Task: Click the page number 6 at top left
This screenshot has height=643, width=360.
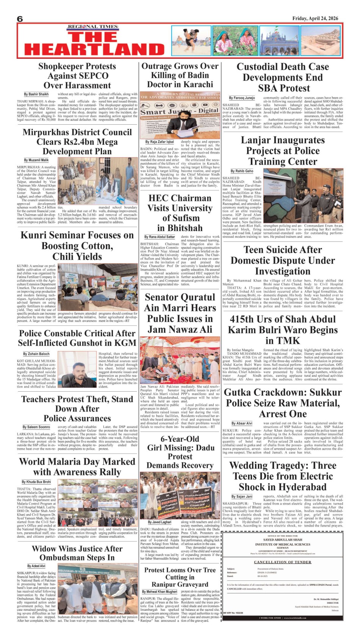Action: [20, 19]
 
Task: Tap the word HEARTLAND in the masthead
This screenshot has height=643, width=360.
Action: [94, 49]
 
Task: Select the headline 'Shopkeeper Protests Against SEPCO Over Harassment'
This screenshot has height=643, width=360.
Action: [77, 76]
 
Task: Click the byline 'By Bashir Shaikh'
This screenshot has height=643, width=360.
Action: [36, 94]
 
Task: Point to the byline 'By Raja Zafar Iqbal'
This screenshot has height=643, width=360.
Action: [159, 142]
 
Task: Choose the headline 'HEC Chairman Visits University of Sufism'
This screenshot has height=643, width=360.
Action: [180, 213]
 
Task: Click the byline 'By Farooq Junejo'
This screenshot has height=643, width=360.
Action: [242, 98]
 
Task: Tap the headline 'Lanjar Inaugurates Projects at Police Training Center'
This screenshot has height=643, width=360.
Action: [283, 151]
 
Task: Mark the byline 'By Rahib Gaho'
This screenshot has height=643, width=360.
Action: [242, 171]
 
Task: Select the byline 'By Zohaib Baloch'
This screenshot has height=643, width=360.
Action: [36, 354]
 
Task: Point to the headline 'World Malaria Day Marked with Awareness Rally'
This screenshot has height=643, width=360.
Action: [77, 467]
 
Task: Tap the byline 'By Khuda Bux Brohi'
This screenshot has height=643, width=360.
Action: [36, 482]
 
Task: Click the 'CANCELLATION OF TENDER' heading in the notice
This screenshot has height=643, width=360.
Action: [282, 562]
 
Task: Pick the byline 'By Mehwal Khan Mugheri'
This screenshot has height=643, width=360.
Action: [160, 591]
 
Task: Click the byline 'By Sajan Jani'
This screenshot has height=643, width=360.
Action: [242, 496]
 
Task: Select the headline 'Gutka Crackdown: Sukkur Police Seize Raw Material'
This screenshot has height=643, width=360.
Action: [283, 403]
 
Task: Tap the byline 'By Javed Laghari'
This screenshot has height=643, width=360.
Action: [160, 522]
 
